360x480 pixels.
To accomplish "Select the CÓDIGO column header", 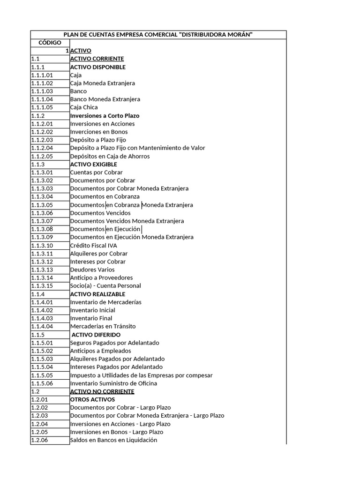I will click(x=50, y=43).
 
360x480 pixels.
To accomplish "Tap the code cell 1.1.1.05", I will click(x=42, y=107).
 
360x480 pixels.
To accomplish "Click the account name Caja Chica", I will click(x=84, y=107).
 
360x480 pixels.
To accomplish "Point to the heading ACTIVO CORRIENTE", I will click(x=97, y=59).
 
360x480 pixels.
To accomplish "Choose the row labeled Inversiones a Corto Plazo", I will click(x=105, y=115).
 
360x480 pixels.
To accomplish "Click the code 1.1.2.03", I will click(x=42, y=140).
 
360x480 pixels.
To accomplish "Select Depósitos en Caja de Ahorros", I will click(x=110, y=156).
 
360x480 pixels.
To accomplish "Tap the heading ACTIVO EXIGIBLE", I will click(x=93, y=165).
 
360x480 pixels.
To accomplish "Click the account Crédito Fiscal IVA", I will click(x=93, y=245).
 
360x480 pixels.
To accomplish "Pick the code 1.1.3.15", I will click(x=42, y=285).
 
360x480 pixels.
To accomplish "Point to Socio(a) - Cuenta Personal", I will click(x=105, y=285).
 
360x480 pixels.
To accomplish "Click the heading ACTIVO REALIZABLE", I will click(x=97, y=294).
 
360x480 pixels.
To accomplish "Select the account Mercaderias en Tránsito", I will click(x=103, y=326).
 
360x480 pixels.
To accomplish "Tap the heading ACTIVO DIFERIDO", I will click(x=96, y=335).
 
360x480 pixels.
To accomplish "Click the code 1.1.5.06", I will click(x=42, y=383).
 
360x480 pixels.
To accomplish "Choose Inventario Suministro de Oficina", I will click(x=113, y=383).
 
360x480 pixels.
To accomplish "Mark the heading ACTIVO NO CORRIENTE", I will click(x=102, y=391).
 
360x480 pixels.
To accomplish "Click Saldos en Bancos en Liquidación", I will click(x=113, y=440).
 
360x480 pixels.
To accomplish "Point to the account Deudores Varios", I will click(x=92, y=270).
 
